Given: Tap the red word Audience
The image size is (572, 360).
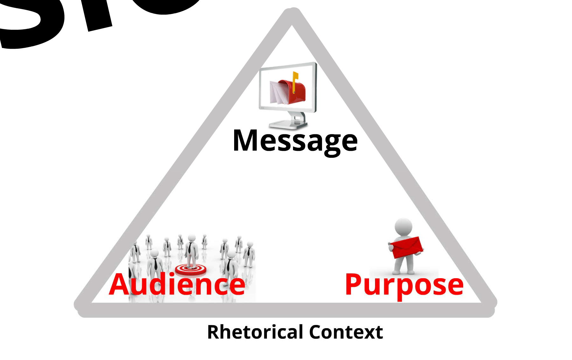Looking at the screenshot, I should point(177,284).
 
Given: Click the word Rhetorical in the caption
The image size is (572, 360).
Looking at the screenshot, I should point(255,332).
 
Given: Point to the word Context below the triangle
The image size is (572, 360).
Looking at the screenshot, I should point(346,332).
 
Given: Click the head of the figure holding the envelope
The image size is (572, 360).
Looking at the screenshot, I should point(403,227).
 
